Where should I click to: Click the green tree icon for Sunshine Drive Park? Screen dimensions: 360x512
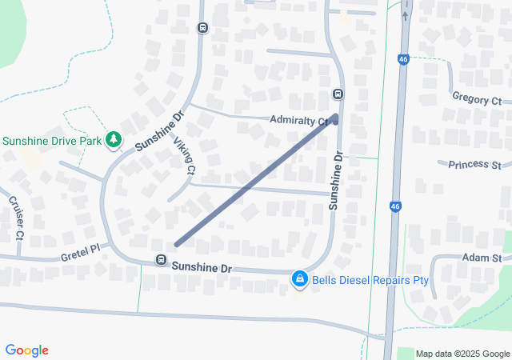pos(114,140)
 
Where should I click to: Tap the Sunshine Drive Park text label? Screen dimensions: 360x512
pos(52,141)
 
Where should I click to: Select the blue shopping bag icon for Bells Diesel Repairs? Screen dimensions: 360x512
pos(299,278)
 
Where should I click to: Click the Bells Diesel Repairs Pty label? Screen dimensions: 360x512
pos(370,281)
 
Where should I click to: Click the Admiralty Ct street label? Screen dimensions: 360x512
pos(300,120)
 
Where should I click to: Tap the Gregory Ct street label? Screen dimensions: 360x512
pos(476,100)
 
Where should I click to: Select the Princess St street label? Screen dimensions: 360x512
pos(474,164)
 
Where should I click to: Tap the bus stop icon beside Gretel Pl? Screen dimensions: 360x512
pos(161,260)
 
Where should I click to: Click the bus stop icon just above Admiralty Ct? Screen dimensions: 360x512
pos(338,94)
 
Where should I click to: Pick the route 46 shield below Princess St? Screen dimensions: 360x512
pos(396,206)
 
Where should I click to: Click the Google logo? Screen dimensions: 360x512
pos(26,350)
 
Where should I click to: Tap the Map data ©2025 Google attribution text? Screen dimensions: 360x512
pos(462,354)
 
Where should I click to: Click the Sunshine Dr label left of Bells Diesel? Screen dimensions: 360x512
pos(202,267)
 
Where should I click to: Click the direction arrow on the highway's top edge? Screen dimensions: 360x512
pos(405,15)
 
